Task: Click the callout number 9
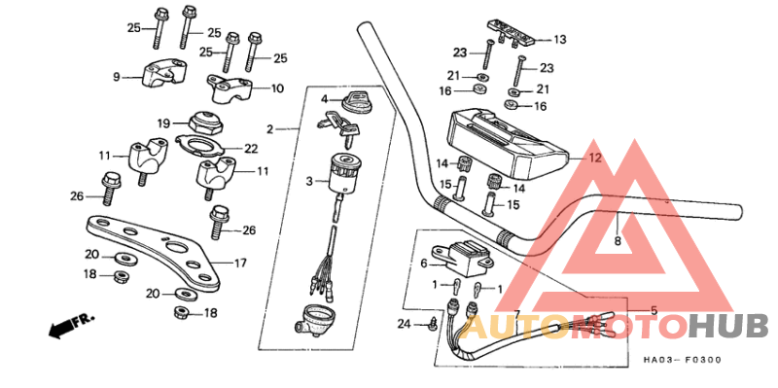116,76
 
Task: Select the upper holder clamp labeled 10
231,90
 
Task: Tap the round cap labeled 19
203,123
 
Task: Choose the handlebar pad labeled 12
506,140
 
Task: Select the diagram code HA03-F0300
682,361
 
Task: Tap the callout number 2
270,128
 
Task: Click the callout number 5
654,310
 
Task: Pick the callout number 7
517,313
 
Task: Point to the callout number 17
241,264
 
